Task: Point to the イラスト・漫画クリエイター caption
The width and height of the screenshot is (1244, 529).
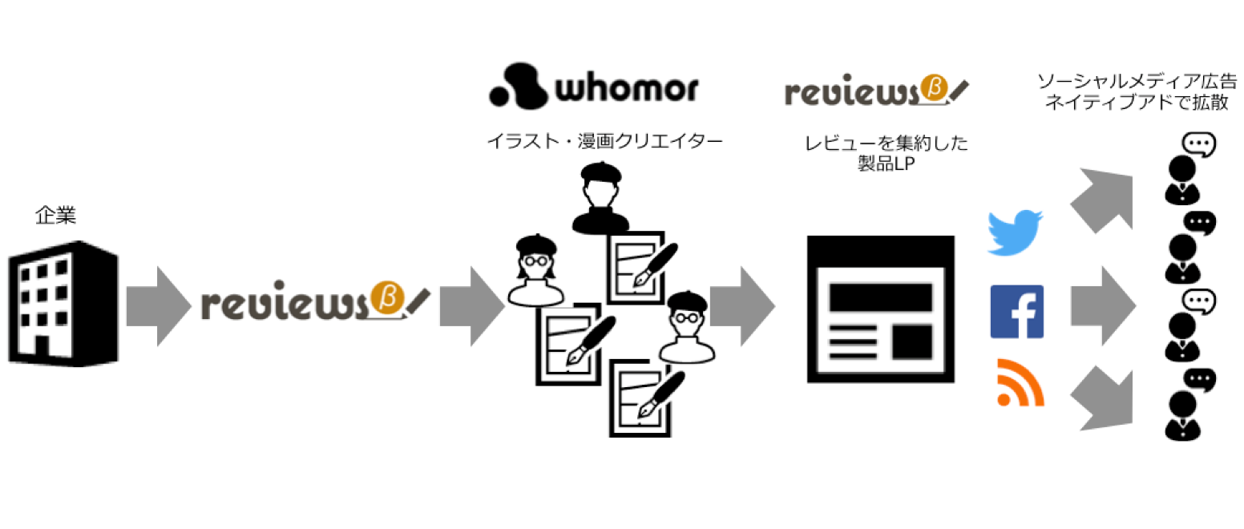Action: tap(605, 142)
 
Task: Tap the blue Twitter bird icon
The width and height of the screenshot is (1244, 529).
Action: tap(1015, 233)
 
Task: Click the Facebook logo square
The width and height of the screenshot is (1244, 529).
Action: tap(1017, 311)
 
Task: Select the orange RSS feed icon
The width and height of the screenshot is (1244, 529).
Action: tap(1020, 382)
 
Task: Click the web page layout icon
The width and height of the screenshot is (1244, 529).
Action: tap(880, 308)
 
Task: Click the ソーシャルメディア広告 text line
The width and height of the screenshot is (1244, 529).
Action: tap(1137, 82)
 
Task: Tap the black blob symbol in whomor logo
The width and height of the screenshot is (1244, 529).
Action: tap(517, 86)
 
